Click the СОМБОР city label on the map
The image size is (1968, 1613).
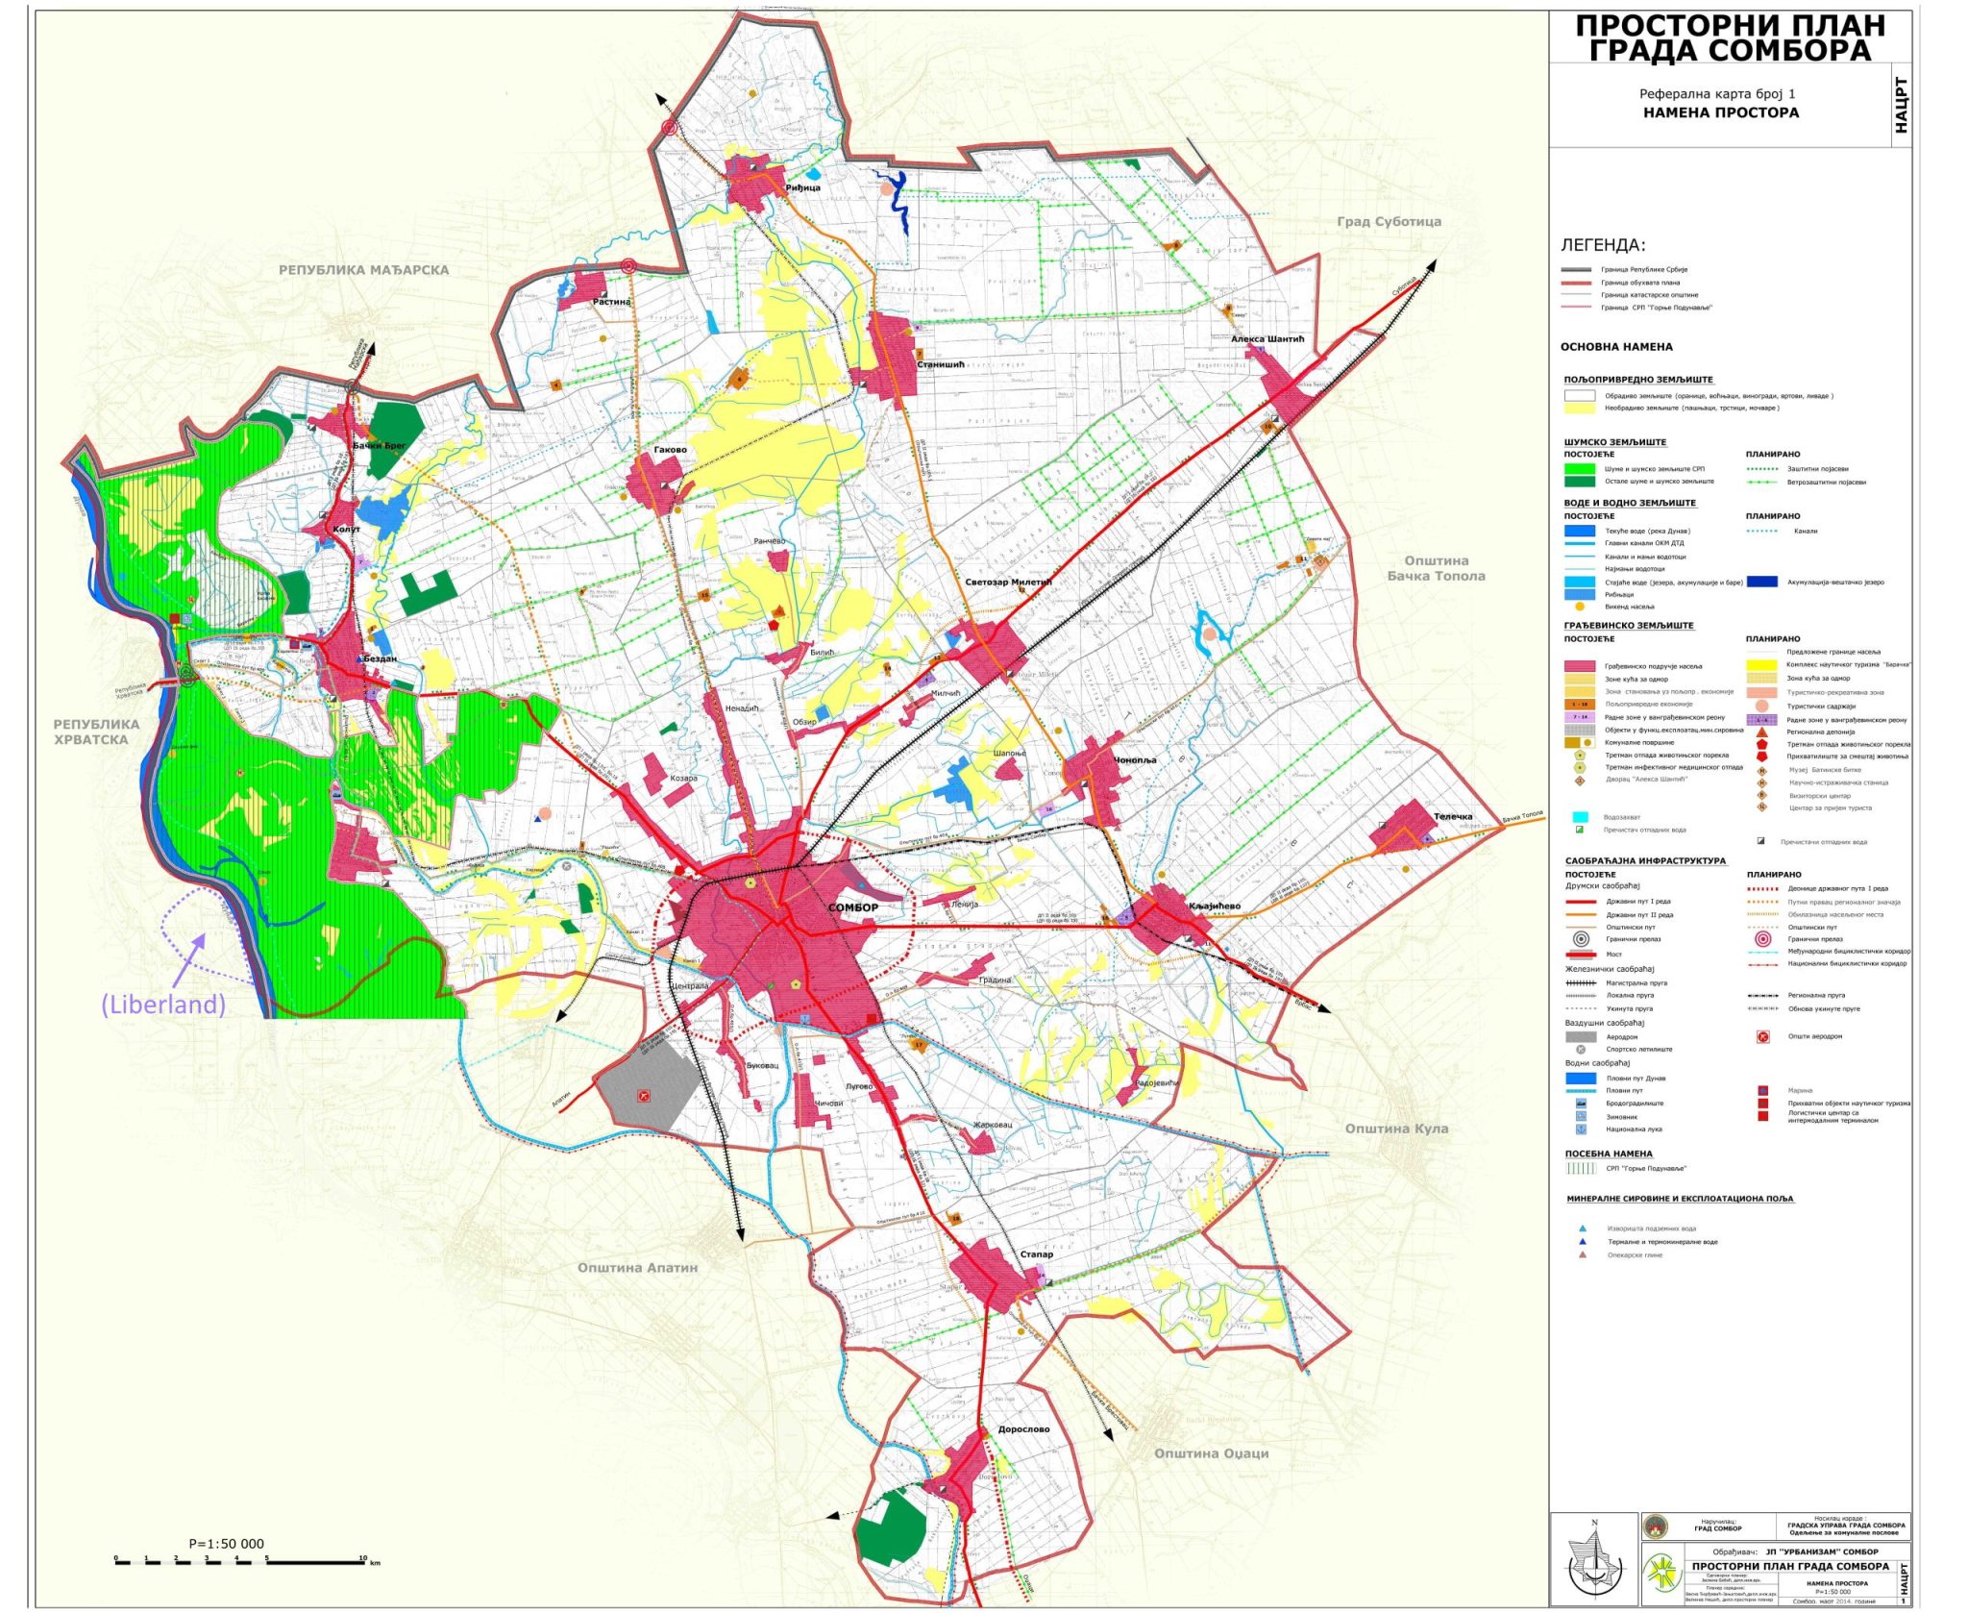tap(852, 907)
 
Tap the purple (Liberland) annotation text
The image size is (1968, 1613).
tap(163, 1005)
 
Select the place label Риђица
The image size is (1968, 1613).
tap(802, 187)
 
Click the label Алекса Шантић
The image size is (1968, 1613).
tap(1267, 338)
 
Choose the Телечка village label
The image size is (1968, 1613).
tap(1452, 816)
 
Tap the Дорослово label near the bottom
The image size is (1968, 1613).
tap(1023, 1428)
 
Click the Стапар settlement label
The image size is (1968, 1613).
tap(1036, 1253)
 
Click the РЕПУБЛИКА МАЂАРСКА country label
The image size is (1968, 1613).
tap(363, 270)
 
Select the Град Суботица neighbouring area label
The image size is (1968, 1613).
tap(1389, 221)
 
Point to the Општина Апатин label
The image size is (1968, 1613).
tap(637, 1267)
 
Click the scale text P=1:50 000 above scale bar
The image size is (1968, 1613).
tap(226, 1544)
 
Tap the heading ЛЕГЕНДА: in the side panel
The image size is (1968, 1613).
tap(1602, 245)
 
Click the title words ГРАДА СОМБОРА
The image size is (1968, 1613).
tap(1729, 50)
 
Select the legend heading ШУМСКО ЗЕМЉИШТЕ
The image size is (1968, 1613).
tap(1614, 442)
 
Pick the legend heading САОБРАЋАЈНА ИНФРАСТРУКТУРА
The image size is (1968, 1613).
tap(1644, 860)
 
